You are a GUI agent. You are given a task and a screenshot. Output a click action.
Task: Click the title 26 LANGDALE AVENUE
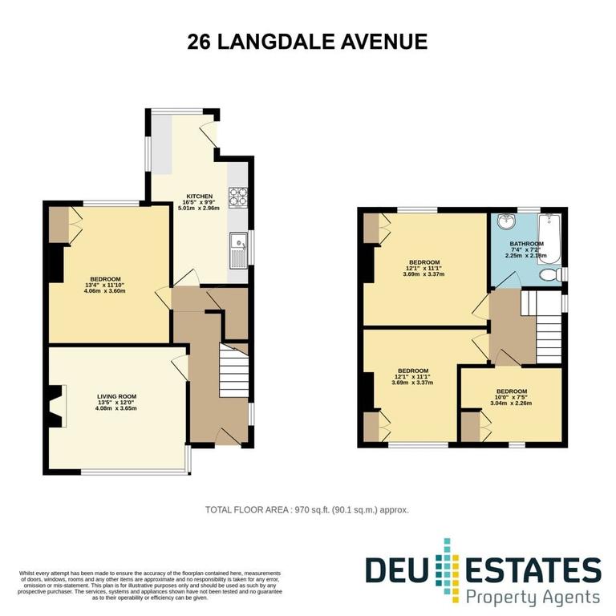(307, 42)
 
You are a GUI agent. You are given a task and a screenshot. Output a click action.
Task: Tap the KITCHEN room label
(199, 196)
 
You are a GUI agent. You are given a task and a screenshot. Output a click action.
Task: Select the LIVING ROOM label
(116, 396)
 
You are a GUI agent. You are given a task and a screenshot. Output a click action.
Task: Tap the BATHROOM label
(526, 244)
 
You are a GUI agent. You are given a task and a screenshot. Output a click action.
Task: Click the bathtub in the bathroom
(551, 237)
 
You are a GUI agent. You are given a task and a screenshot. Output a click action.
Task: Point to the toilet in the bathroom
(551, 276)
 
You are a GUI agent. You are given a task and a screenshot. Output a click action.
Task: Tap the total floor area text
(308, 509)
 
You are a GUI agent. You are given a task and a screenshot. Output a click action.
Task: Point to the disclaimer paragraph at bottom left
(150, 585)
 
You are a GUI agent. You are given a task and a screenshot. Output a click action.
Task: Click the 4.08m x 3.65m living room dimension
(117, 408)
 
